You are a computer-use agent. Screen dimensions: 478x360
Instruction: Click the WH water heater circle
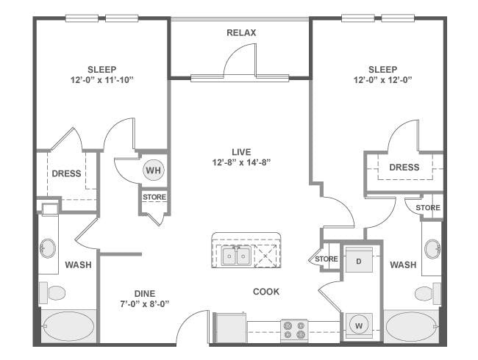click(x=154, y=170)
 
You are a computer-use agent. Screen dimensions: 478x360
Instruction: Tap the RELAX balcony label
click(x=241, y=32)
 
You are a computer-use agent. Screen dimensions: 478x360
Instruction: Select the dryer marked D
click(x=359, y=261)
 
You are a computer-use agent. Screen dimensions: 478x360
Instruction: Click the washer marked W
click(x=359, y=326)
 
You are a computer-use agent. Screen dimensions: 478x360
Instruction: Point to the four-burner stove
click(x=294, y=331)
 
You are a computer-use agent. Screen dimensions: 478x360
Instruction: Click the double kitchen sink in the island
click(x=236, y=255)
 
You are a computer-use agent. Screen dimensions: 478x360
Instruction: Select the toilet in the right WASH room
click(x=428, y=293)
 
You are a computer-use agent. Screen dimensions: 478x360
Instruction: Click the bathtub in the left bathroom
click(x=68, y=326)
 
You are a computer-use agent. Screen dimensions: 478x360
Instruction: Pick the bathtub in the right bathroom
click(x=412, y=326)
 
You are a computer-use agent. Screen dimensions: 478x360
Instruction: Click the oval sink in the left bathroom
click(x=48, y=248)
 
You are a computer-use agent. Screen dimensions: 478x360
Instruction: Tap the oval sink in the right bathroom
click(x=432, y=249)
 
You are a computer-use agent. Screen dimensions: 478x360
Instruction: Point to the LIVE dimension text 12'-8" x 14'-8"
click(x=241, y=162)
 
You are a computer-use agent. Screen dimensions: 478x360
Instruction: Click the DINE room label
click(x=145, y=294)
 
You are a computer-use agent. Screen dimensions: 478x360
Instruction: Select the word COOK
click(x=266, y=292)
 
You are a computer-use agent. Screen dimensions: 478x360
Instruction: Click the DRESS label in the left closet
click(x=66, y=173)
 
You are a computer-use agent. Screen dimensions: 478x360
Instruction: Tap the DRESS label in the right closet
click(x=404, y=168)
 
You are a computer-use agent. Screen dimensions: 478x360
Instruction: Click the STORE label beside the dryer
click(x=327, y=259)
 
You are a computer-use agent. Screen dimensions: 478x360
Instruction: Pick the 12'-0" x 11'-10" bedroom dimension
click(x=102, y=80)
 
